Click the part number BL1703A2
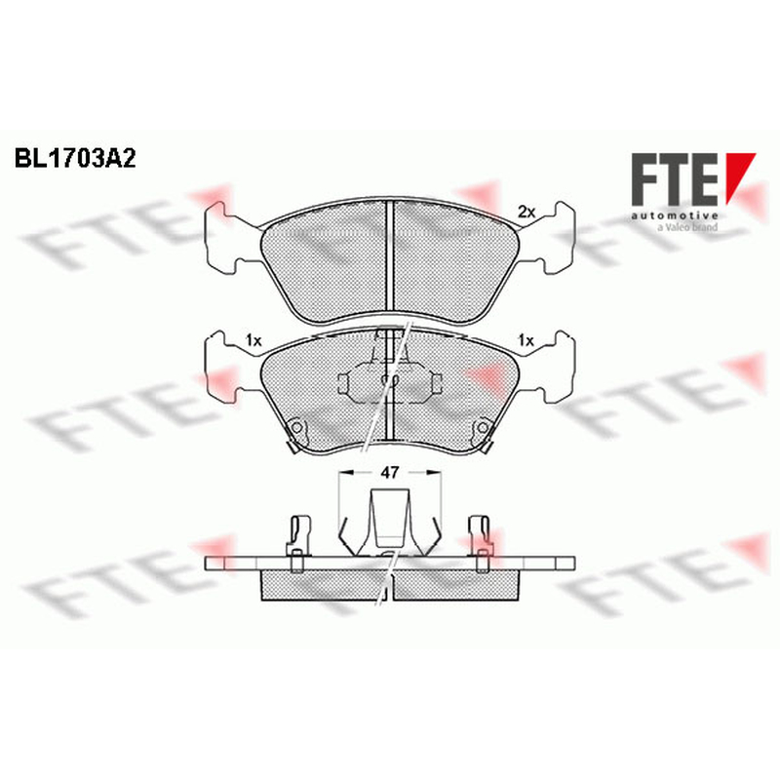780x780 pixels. [75, 159]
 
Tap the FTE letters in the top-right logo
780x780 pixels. [675, 179]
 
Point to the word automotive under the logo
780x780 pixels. [675, 215]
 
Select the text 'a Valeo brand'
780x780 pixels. [688, 227]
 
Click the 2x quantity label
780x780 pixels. [526, 213]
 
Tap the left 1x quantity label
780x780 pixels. [253, 340]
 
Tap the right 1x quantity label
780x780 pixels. [526, 340]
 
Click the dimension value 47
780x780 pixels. [389, 473]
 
